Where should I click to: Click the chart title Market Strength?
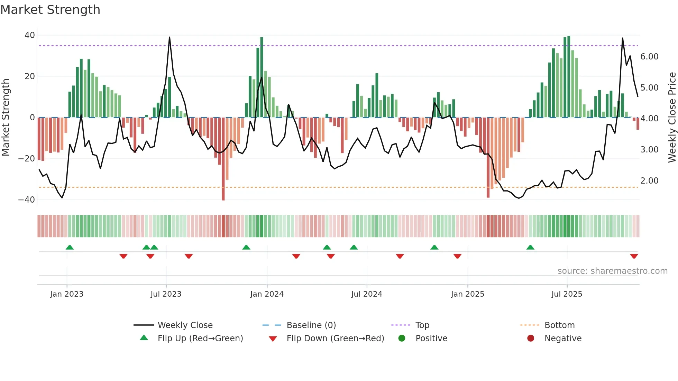click(50, 10)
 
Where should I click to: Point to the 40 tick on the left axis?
click(30, 35)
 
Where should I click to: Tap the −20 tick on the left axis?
click(27, 159)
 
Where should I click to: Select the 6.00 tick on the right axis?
click(649, 57)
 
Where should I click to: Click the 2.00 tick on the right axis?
click(649, 181)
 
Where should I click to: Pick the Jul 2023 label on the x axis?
click(166, 294)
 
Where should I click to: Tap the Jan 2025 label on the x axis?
click(467, 294)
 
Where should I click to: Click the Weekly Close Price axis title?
click(672, 118)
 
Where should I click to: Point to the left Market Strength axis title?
click(6, 118)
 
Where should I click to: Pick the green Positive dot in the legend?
click(402, 338)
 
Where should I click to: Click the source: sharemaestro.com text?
click(612, 271)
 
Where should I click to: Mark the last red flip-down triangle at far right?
click(634, 256)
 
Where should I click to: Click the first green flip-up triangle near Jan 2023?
click(70, 247)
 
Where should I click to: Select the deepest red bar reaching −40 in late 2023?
click(223, 159)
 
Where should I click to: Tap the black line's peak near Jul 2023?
click(169, 37)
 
